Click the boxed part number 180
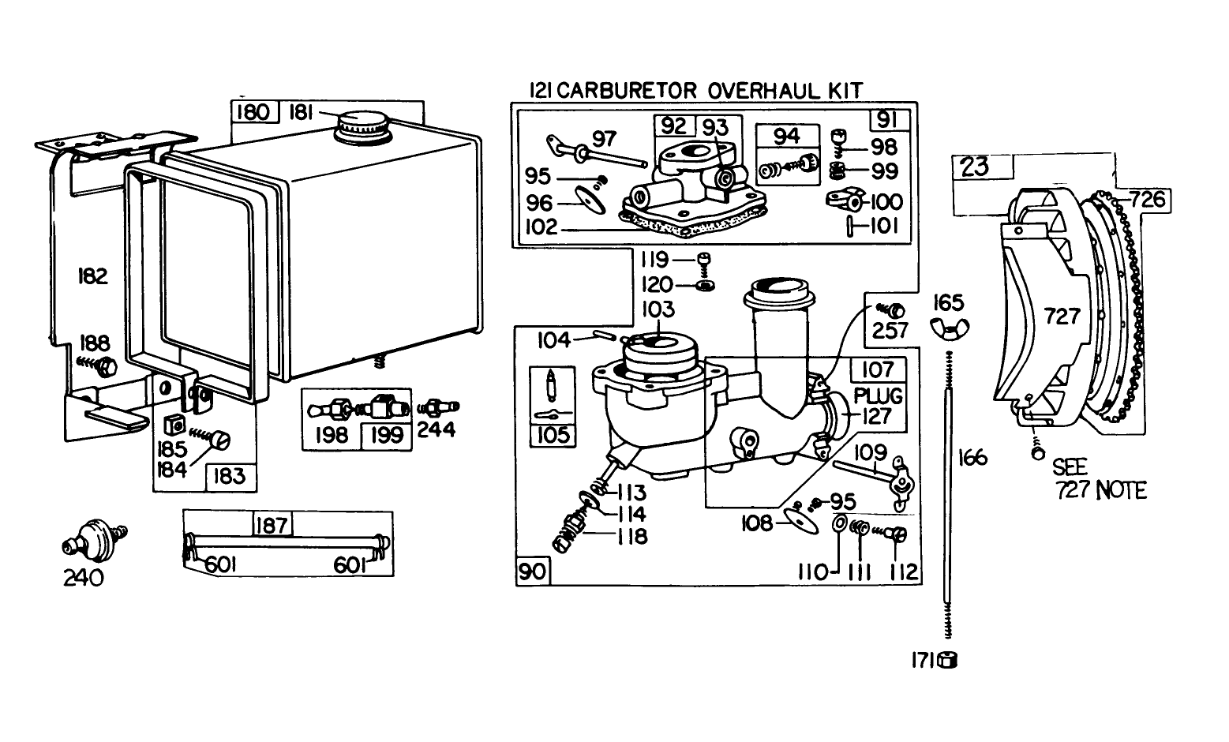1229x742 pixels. click(253, 112)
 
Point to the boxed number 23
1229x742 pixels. click(975, 167)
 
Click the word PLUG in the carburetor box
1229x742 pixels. click(878, 395)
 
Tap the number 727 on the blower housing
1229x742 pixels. click(1062, 317)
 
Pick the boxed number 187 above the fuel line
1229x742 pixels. click(272, 524)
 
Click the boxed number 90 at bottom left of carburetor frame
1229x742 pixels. click(533, 571)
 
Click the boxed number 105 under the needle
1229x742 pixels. click(552, 435)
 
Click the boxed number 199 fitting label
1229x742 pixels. click(385, 435)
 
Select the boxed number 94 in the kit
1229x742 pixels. click(786, 137)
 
